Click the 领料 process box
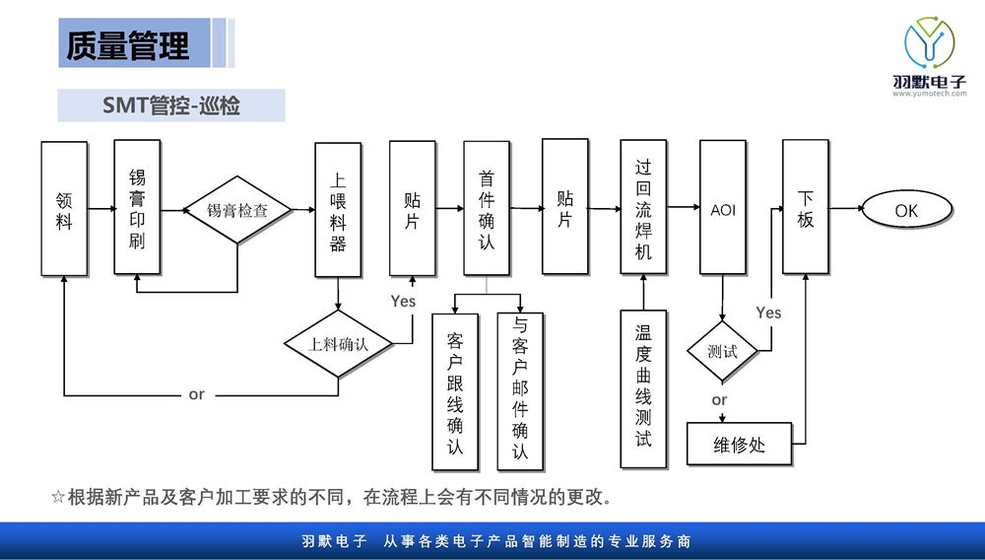64,209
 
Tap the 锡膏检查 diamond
237,210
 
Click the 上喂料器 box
338,210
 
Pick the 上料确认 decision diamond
338,344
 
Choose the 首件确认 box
487,208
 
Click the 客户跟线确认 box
455,391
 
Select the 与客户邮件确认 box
520,391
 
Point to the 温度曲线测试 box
643,387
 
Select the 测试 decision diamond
722,351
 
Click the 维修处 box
739,445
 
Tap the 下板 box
806,207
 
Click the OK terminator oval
906,210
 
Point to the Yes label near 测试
768,313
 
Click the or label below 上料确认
197,394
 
